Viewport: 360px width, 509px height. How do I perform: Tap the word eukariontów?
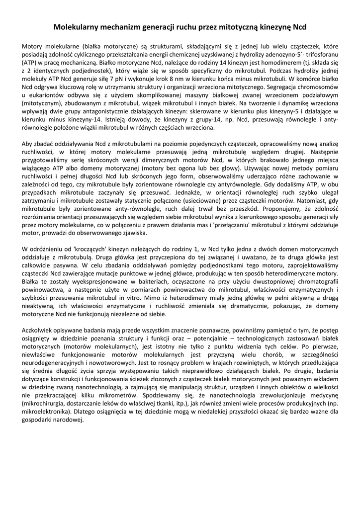click(45, 95)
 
